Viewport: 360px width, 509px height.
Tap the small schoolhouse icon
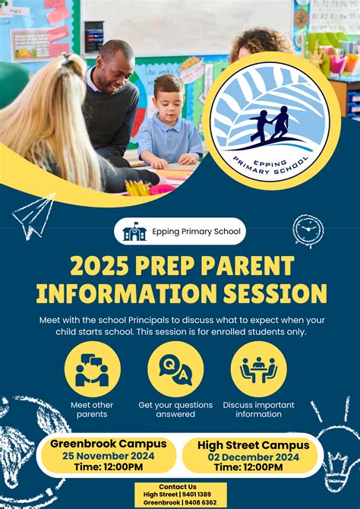134,232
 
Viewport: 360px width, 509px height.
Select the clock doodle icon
308,231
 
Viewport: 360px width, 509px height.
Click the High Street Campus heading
253,444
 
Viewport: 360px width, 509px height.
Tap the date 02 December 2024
253,457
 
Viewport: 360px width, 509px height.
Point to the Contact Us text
178,486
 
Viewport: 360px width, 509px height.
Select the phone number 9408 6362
200,502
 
